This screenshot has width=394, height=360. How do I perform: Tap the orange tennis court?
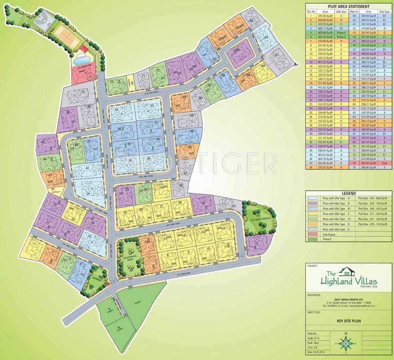tap(66, 34)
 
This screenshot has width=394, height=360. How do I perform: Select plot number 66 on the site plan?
tap(237, 49)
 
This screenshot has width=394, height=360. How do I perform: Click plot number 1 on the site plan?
tap(35, 243)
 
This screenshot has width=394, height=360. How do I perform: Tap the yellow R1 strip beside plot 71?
tap(133, 84)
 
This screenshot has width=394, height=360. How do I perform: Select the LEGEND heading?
tap(348, 193)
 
